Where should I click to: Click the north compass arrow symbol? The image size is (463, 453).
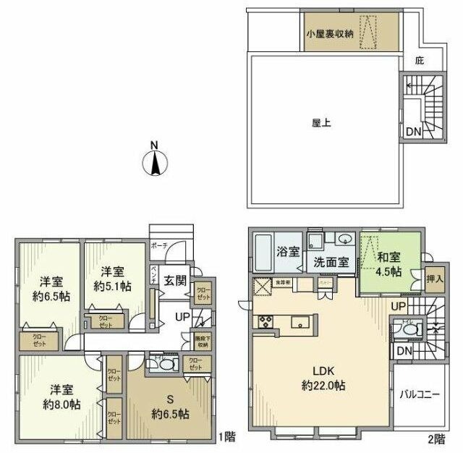tap(154, 161)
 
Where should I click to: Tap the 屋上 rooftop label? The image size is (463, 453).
tap(321, 123)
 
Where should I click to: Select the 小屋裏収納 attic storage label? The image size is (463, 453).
tap(330, 33)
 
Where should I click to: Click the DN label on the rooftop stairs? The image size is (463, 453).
tap(412, 132)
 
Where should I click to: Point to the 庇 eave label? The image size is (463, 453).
tap(420, 62)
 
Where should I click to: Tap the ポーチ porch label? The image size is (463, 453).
tap(159, 246)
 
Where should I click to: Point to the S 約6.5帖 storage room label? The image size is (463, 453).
tap(171, 407)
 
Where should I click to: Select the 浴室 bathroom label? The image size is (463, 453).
tap(289, 253)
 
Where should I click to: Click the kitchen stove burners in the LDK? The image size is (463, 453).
tap(263, 321)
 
